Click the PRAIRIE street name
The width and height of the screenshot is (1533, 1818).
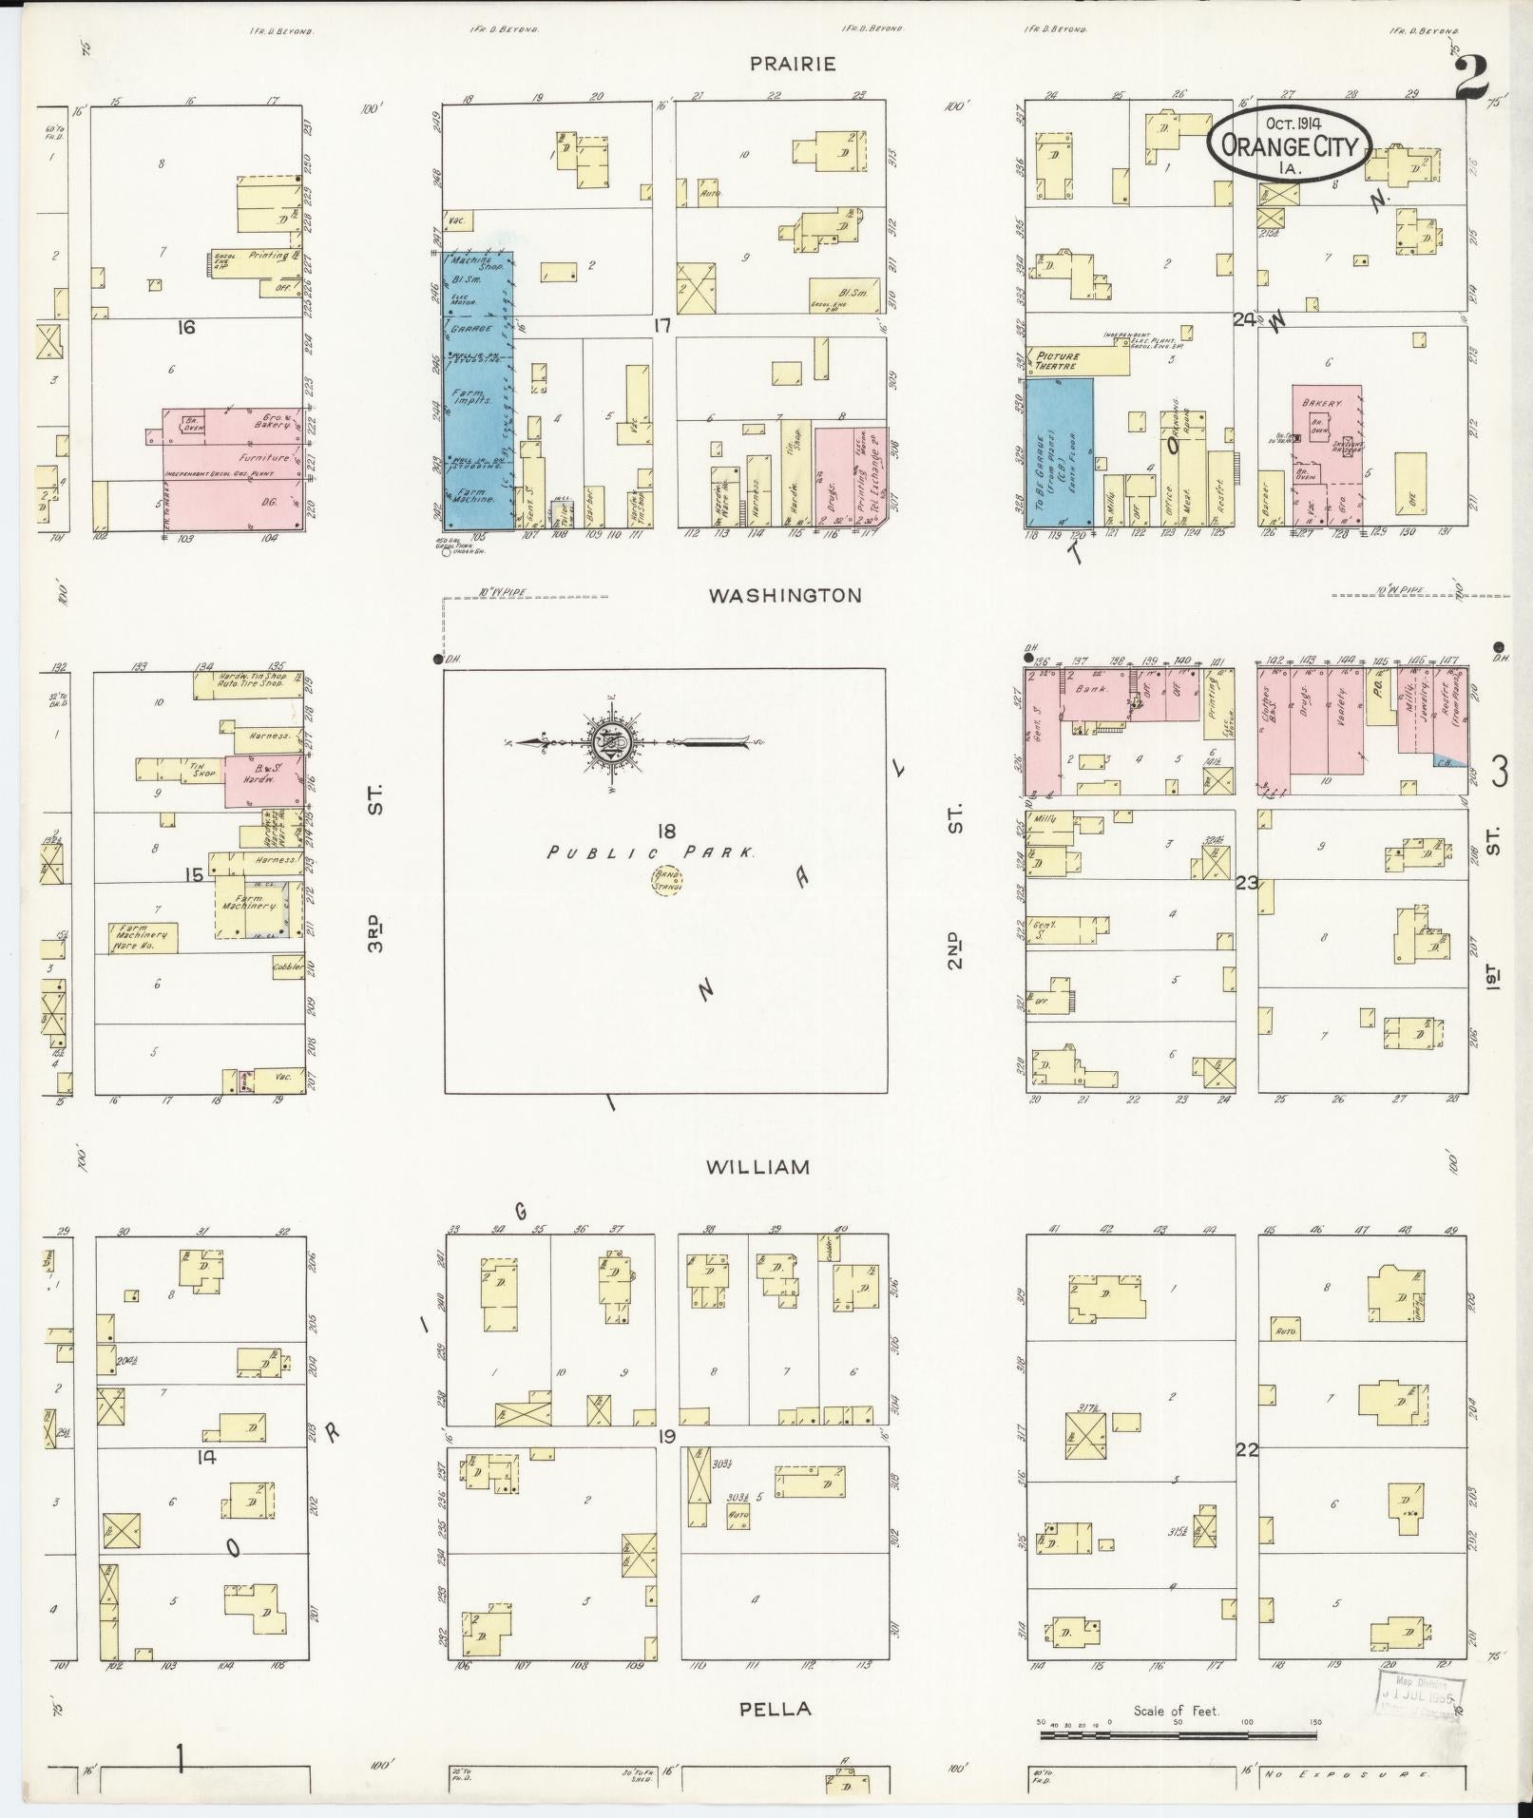point(793,64)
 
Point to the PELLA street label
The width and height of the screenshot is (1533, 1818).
point(776,1709)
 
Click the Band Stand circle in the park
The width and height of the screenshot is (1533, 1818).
point(667,880)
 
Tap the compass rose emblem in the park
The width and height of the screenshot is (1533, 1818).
point(605,742)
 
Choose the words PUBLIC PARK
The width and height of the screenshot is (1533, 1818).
point(652,853)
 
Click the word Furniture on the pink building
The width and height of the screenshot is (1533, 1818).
point(263,457)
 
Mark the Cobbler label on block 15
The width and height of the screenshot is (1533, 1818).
point(288,967)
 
